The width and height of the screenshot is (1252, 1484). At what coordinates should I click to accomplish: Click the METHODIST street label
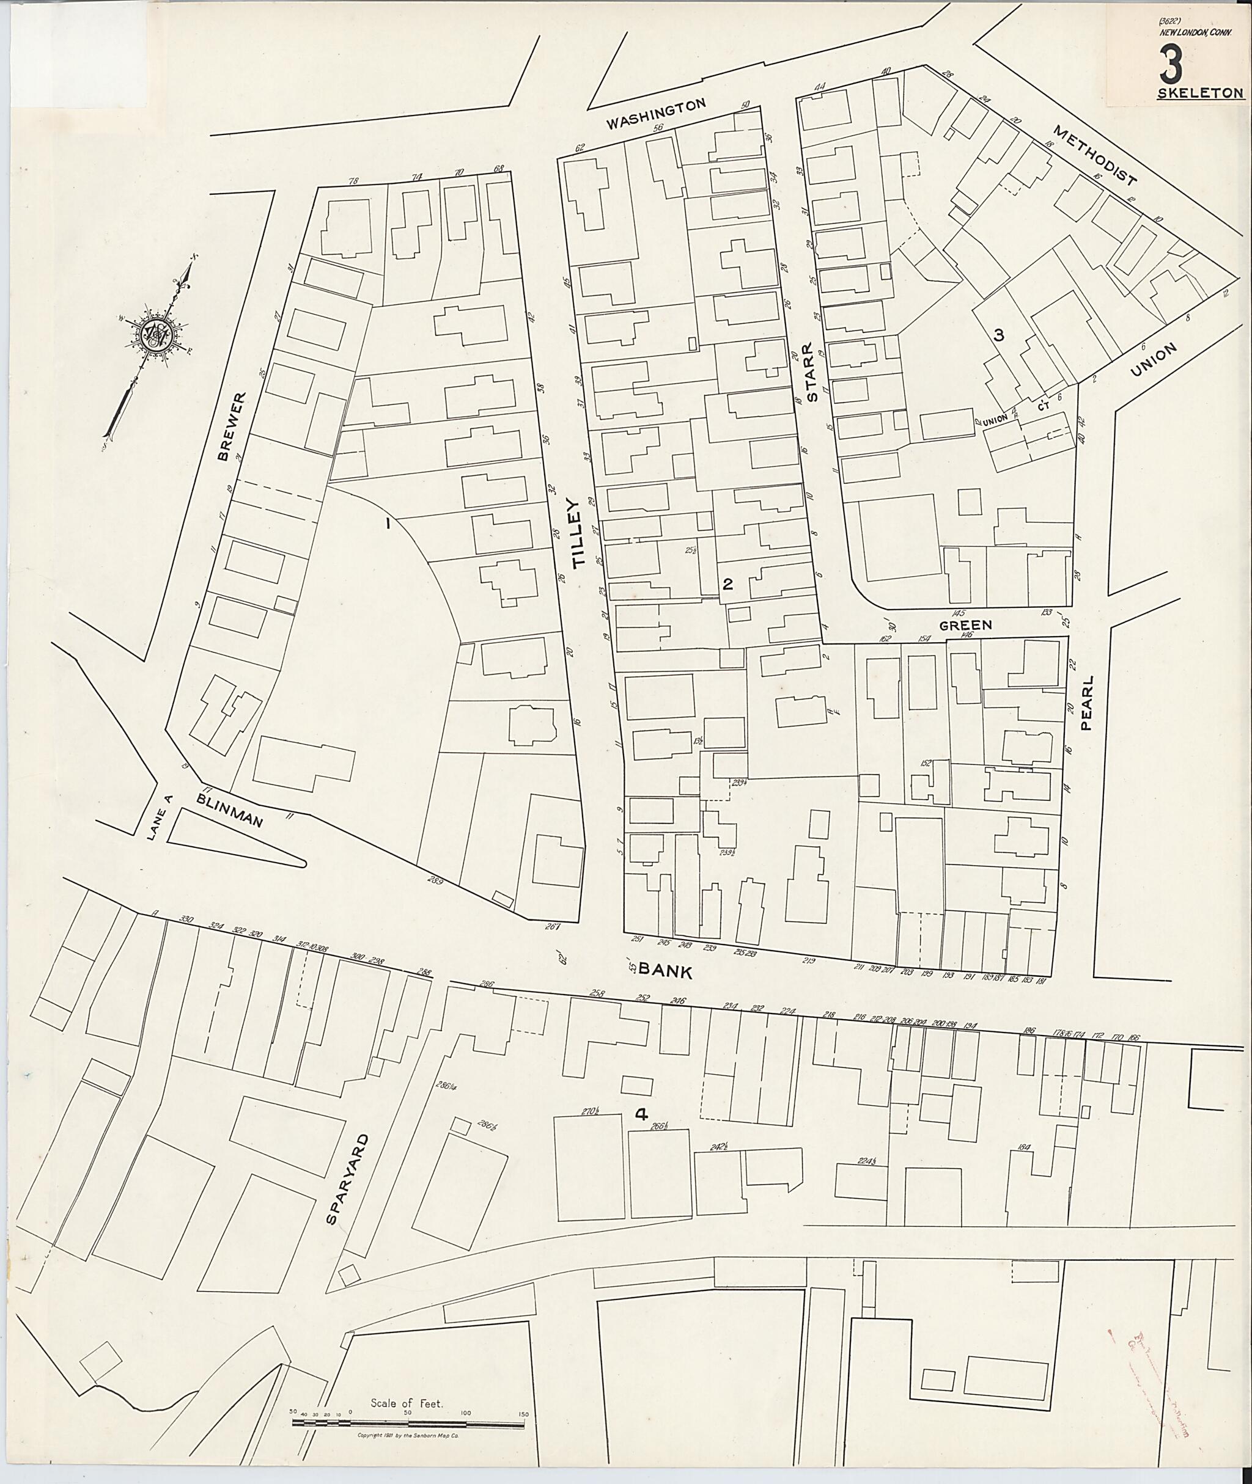(x=1095, y=155)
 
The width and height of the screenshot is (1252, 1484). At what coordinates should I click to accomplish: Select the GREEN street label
(x=965, y=626)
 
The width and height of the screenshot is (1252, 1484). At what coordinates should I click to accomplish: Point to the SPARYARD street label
(x=348, y=1180)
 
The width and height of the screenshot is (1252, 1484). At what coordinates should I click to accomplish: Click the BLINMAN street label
(x=230, y=811)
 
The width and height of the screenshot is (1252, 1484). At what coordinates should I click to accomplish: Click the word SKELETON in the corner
(x=1199, y=93)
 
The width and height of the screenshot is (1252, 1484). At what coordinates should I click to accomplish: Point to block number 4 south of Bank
(x=641, y=1114)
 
